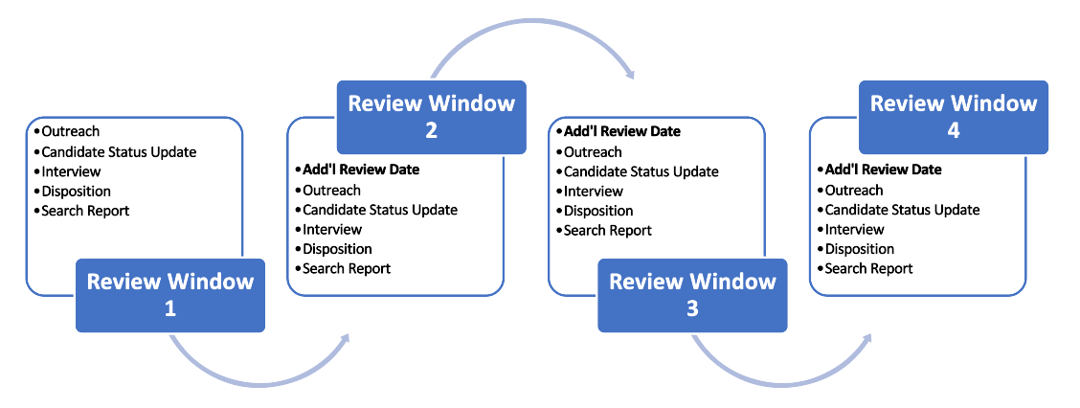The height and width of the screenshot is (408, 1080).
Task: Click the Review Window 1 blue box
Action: (170, 295)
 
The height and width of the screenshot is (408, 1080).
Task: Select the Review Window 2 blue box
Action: (431, 117)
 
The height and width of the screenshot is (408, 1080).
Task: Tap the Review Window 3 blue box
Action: (692, 295)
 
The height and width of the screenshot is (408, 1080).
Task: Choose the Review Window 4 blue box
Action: (954, 117)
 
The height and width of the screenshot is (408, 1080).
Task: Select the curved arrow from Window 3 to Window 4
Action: (782, 381)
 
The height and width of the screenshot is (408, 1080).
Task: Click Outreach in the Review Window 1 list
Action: (70, 131)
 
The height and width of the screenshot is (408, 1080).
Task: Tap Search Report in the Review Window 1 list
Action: (85, 211)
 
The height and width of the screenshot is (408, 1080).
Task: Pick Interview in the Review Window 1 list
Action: (71, 171)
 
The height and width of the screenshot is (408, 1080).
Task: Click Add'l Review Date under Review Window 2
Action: (361, 170)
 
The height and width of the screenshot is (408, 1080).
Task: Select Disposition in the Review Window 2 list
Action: (337, 249)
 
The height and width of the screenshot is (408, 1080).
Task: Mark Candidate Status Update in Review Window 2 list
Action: (380, 210)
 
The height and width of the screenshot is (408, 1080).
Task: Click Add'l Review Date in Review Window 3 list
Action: (622, 131)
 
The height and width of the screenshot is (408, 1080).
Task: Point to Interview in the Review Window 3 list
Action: (594, 192)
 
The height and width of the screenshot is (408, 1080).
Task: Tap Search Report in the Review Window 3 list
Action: (607, 231)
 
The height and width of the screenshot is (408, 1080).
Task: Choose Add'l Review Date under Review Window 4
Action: (883, 170)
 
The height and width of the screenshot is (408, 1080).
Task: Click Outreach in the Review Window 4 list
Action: (854, 190)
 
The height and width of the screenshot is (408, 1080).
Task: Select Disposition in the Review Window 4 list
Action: (860, 249)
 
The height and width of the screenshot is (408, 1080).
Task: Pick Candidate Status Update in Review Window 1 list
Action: (119, 151)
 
